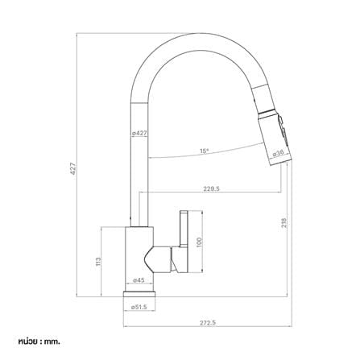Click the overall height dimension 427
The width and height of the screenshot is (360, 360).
click(73, 168)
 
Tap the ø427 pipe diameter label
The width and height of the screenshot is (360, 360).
click(139, 133)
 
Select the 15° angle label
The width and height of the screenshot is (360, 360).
click(204, 151)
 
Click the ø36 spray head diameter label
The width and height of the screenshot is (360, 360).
click(278, 153)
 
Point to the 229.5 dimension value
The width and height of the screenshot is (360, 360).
click(211, 188)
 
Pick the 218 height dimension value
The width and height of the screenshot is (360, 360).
click(284, 222)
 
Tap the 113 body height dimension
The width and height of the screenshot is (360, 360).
click(98, 262)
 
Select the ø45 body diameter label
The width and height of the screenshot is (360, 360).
click(139, 280)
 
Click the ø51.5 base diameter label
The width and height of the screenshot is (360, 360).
click(139, 307)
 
